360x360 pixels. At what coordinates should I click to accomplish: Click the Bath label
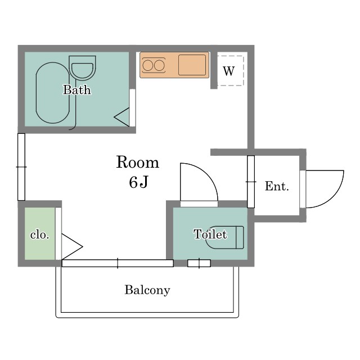[77, 90]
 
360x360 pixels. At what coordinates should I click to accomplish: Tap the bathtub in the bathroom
[52, 93]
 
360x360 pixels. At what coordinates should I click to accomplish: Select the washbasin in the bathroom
[82, 67]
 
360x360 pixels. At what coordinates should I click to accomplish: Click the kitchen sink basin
[192, 65]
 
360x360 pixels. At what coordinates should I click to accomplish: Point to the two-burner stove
[154, 65]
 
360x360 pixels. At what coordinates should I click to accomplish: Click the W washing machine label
[229, 71]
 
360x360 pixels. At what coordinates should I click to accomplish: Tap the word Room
[137, 163]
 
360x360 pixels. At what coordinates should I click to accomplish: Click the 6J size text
[138, 182]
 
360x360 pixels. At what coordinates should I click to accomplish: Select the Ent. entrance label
[277, 186]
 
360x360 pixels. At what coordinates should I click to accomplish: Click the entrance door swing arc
[325, 189]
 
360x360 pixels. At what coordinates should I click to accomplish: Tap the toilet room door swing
[199, 182]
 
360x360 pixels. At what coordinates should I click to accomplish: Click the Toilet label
[210, 235]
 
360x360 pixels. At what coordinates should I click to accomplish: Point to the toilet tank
[240, 237]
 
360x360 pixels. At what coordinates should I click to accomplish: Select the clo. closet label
[40, 235]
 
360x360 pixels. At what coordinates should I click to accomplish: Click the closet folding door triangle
[72, 247]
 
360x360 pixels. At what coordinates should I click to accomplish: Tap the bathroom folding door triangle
[121, 117]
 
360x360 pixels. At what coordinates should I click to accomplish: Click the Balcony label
[147, 290]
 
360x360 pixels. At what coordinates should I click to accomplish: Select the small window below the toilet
[199, 263]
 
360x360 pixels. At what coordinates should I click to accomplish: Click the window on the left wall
[21, 167]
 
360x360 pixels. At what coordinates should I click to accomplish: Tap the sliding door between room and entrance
[251, 182]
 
